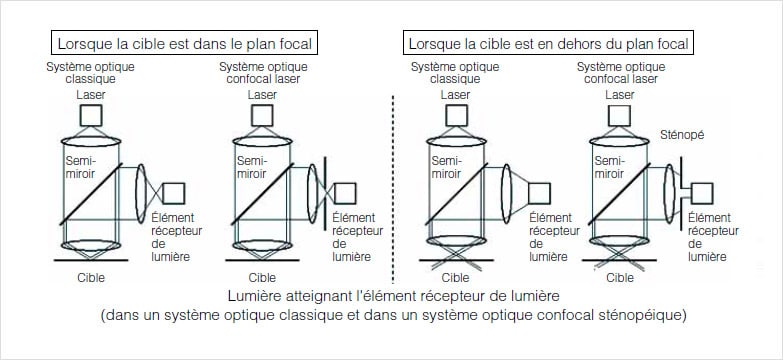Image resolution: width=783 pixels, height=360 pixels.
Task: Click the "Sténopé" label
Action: point(682,135)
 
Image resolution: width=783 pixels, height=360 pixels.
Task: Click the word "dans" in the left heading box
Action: point(206,43)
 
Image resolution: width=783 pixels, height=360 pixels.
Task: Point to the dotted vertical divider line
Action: point(393,189)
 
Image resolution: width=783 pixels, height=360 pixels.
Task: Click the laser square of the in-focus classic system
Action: point(91,115)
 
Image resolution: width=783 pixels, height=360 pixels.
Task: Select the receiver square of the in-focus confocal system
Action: point(345,193)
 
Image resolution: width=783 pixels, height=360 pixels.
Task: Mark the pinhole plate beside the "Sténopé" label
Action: point(681,193)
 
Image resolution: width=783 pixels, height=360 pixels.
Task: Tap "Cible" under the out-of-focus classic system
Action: point(455,278)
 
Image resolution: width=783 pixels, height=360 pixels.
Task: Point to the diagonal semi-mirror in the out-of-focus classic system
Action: point(456,194)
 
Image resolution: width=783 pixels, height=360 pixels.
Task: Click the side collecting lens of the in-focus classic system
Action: point(141,193)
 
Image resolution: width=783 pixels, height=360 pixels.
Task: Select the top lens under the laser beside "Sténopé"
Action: point(619,141)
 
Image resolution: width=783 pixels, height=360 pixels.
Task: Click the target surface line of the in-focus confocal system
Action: point(263,260)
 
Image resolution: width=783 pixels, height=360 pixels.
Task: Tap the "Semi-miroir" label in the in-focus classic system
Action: point(80,167)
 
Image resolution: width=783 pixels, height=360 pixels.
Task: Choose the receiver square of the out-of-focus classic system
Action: point(539,193)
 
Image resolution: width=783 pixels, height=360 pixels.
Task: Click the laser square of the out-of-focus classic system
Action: point(456,115)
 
